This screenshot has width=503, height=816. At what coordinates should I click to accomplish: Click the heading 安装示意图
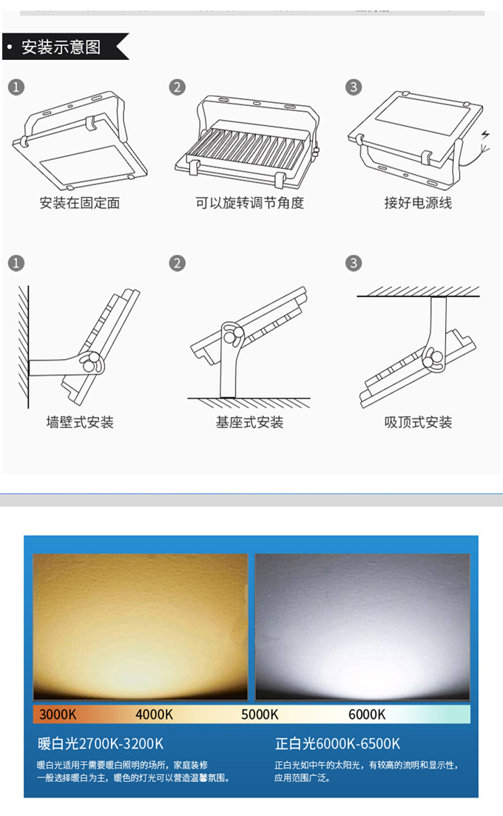coord(61,47)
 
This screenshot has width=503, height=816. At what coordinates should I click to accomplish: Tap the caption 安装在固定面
coord(79,202)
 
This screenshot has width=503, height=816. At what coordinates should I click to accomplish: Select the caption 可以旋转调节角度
coord(249,202)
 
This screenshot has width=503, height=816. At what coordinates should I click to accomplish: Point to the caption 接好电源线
coord(418,202)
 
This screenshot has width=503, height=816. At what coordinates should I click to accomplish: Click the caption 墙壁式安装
coord(79,422)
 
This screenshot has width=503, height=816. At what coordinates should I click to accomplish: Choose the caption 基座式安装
coord(249,422)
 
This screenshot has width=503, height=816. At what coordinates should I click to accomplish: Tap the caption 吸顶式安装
coord(418,422)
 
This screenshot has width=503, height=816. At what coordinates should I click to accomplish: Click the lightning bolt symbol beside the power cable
coord(485,135)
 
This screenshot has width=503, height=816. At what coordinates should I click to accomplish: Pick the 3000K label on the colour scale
coord(58,714)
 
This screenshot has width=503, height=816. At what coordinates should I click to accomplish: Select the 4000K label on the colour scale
coord(154,714)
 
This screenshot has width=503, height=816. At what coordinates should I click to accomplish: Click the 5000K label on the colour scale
coord(260,714)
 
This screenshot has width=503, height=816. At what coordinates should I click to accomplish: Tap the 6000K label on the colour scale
coord(367,714)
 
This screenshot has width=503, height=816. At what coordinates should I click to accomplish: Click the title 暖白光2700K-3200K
coord(101,743)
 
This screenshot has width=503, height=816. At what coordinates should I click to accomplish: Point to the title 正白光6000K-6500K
coord(337,743)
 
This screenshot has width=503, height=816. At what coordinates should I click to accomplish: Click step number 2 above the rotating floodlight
coord(178,87)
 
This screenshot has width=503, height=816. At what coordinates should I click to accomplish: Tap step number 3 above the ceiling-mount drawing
coord(354,263)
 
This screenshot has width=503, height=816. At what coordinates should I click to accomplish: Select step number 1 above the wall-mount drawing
coord(16,263)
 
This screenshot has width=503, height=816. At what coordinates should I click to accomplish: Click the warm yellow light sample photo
coord(141,626)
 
